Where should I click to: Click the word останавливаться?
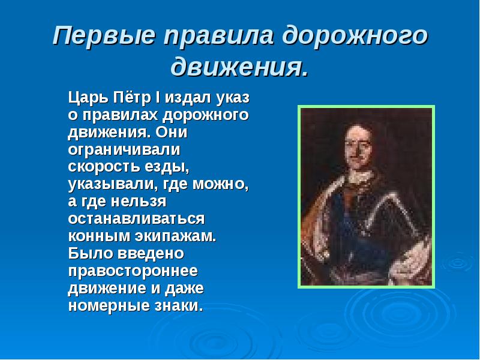(x=137, y=218)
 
